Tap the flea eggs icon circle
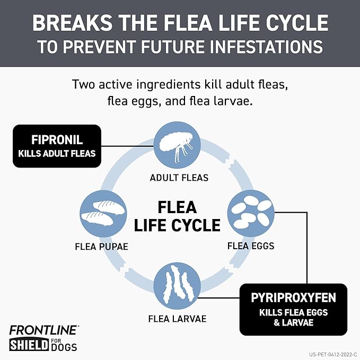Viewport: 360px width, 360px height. pyautogui.click(x=251, y=213)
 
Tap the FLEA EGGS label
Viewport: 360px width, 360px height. pyautogui.click(x=251, y=245)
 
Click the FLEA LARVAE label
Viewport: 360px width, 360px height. pyautogui.click(x=177, y=319)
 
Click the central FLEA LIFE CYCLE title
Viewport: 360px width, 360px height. pyautogui.click(x=177, y=216)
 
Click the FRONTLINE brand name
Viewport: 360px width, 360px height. pyautogui.click(x=44, y=329)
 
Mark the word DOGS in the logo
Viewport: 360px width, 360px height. pyautogui.click(x=65, y=348)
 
